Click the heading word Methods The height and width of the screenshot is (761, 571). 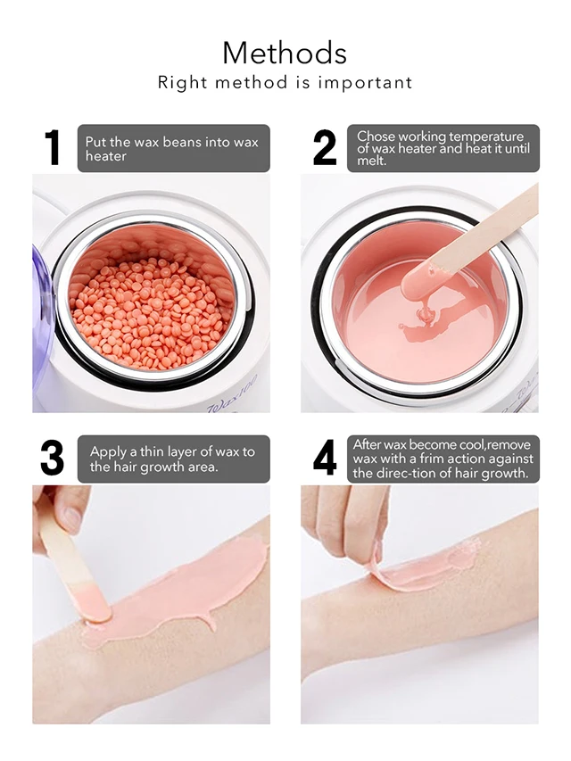pos(285,53)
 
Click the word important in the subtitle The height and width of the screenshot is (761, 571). pos(365,82)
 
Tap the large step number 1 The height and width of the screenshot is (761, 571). pos(53,147)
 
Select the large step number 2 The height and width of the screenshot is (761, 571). pos(325,147)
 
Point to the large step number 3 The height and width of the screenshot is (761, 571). pos(53,458)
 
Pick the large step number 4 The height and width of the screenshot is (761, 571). pos(325,458)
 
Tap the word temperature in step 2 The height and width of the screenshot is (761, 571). pos(485,136)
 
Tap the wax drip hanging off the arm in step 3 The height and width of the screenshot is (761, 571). pos(211,620)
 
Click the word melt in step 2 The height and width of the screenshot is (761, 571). pos(371,161)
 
